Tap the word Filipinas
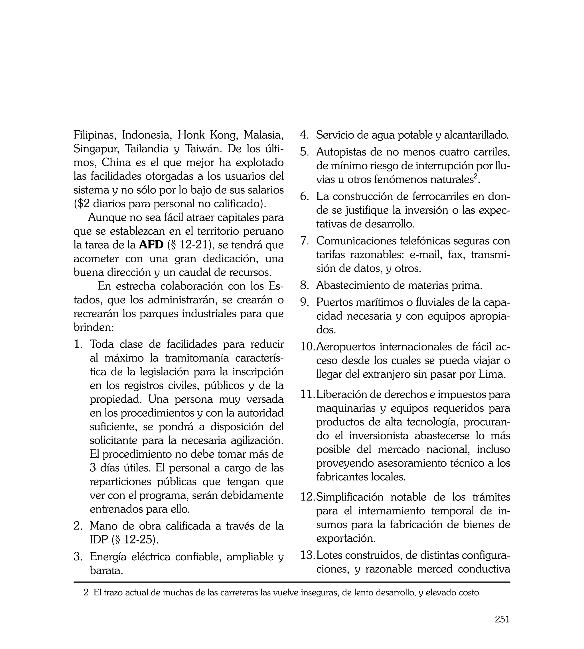[94, 135]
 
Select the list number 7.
[305, 241]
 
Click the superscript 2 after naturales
[476, 177]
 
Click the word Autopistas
[340, 152]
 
